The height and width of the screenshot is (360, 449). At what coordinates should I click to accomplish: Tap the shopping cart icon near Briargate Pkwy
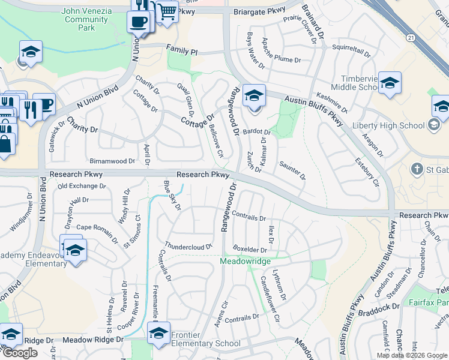click(x=167, y=11)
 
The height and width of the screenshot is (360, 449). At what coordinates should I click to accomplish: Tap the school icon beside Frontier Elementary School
click(x=158, y=333)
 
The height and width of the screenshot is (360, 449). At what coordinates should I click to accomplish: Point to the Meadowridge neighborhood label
click(x=246, y=262)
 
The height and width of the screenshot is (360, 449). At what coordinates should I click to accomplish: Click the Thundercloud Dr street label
click(x=188, y=246)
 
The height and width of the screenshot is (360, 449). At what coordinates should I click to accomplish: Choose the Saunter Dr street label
click(x=292, y=171)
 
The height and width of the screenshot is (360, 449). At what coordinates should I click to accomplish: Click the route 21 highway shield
click(x=411, y=37)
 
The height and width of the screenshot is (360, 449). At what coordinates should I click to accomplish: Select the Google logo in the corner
click(x=20, y=353)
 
